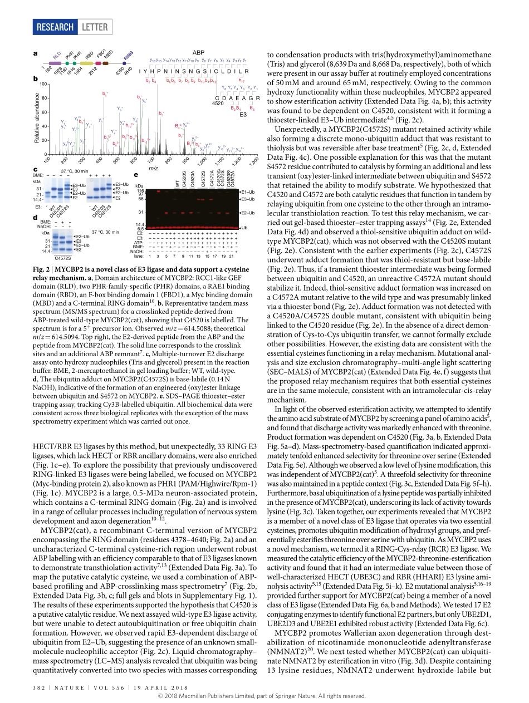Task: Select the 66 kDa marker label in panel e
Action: (x=141, y=198)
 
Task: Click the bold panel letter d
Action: (x=35, y=217)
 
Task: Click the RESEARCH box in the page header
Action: (x=55, y=27)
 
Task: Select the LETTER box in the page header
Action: (x=95, y=27)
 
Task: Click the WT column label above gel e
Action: (x=178, y=183)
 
